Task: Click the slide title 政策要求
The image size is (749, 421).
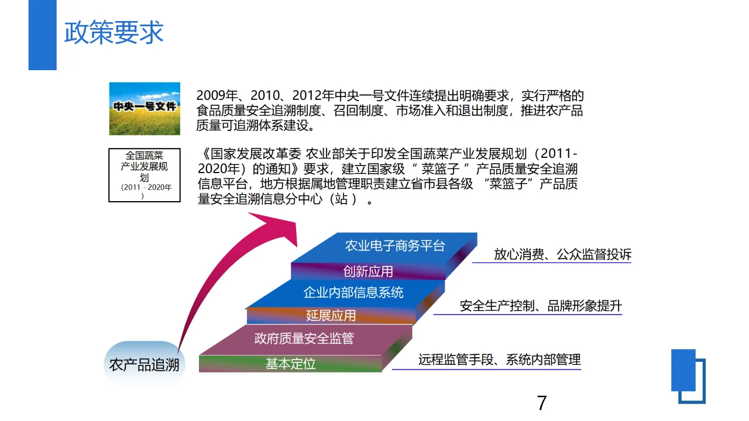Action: pyautogui.click(x=114, y=33)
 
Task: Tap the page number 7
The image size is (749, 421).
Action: pyautogui.click(x=542, y=402)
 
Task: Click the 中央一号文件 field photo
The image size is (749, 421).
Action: pyautogui.click(x=145, y=108)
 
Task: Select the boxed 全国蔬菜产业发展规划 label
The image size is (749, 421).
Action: pyautogui.click(x=145, y=175)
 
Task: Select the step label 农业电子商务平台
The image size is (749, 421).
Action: pyautogui.click(x=394, y=246)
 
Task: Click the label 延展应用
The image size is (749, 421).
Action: pyautogui.click(x=331, y=316)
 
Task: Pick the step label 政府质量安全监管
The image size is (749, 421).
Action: pyautogui.click(x=304, y=338)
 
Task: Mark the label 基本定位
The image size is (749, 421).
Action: pyautogui.click(x=290, y=364)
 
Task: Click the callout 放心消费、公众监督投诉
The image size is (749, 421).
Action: pyautogui.click(x=562, y=254)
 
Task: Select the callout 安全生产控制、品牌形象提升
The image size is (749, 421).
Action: pyautogui.click(x=540, y=306)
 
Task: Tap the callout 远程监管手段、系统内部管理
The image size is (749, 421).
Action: pyautogui.click(x=499, y=360)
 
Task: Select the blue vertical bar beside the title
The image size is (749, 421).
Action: pyautogui.click(x=42, y=35)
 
